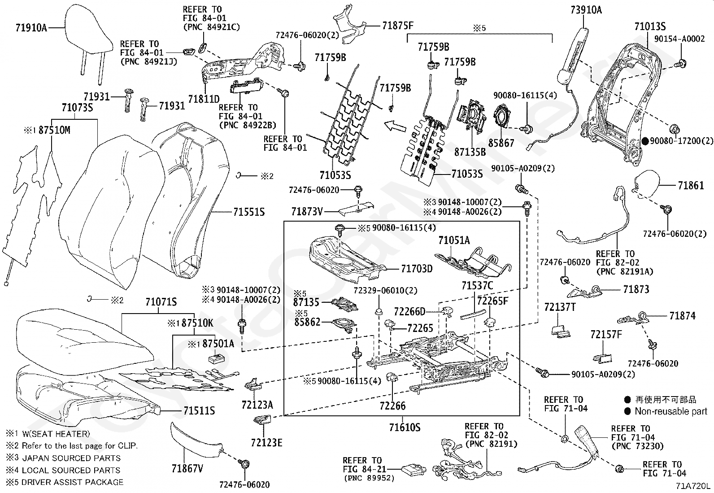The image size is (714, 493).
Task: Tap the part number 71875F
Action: pyautogui.click(x=397, y=25)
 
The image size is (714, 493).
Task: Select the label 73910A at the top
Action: pyautogui.click(x=586, y=10)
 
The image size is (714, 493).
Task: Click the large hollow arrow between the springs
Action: pyautogui.click(x=395, y=127)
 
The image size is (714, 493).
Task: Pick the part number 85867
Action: pyautogui.click(x=501, y=143)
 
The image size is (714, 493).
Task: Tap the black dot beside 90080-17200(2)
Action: pyautogui.click(x=645, y=140)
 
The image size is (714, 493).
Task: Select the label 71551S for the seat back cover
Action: pyautogui.click(x=248, y=212)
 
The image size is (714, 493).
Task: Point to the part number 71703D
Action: pyautogui.click(x=417, y=269)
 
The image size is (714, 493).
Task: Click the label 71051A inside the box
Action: pyautogui.click(x=454, y=240)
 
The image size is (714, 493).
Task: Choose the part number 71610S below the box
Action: pyautogui.click(x=405, y=427)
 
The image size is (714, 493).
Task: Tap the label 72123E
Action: pyautogui.click(x=266, y=443)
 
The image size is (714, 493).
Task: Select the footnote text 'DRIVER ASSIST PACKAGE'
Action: pyautogui.click(x=72, y=482)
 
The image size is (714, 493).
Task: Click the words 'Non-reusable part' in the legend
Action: pyautogui.click(x=671, y=411)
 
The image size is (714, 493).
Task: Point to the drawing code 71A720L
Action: pyautogui.click(x=693, y=486)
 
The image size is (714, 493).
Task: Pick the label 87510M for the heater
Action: pyautogui.click(x=54, y=130)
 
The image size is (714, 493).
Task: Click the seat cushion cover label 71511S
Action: pyautogui.click(x=199, y=410)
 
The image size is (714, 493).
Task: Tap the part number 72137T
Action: pyautogui.click(x=560, y=307)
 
